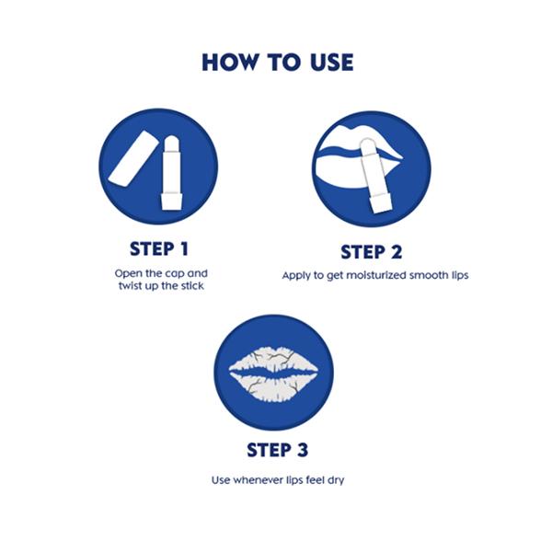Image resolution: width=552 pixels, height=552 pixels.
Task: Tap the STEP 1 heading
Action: (x=159, y=249)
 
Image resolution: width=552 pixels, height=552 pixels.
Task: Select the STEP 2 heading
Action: (x=372, y=252)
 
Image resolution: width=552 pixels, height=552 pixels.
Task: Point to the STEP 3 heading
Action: (x=278, y=450)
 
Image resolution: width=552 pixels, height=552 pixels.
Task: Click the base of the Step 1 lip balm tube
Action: (x=172, y=201)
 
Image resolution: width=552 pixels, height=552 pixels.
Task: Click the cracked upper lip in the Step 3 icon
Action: (x=273, y=360)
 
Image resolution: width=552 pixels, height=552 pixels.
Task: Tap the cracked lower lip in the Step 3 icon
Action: (x=273, y=388)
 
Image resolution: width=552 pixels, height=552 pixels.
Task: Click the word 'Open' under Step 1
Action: (x=128, y=274)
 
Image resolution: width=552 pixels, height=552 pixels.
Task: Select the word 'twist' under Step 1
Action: (x=131, y=285)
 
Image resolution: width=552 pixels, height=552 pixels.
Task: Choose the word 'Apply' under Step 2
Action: (x=296, y=276)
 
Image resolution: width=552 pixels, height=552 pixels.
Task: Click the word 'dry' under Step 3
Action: (x=336, y=480)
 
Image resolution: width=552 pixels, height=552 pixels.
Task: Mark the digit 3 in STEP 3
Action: (x=302, y=450)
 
